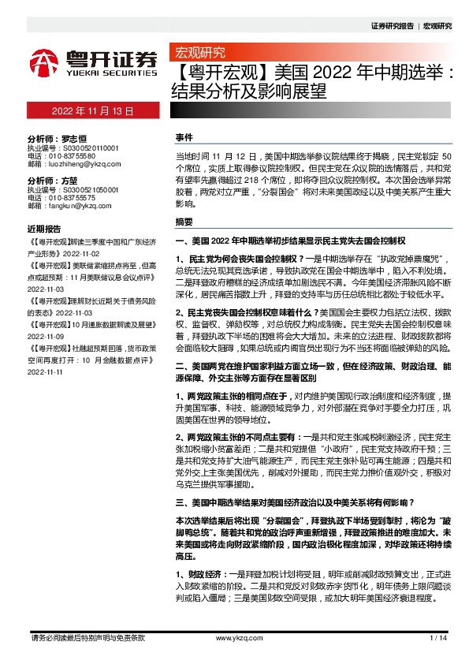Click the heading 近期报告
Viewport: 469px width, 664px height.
(x=44, y=229)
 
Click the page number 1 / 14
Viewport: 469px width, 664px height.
(x=438, y=637)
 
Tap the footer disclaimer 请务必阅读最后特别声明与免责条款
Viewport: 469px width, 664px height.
(x=86, y=637)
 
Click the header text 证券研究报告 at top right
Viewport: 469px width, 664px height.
(x=392, y=26)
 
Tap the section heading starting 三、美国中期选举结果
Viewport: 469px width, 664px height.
(x=300, y=502)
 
